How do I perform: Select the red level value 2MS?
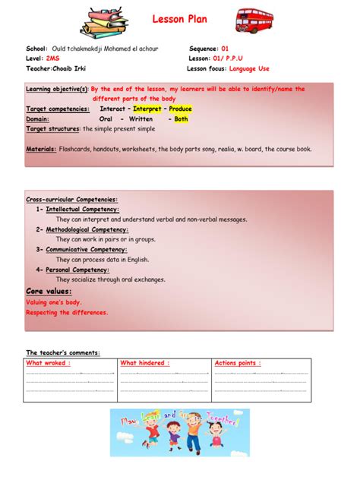pyautogui.click(x=53, y=58)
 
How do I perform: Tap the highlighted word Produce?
pyautogui.click(x=181, y=109)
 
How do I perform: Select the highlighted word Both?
pyautogui.click(x=181, y=118)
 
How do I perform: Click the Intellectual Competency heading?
pyautogui.click(x=82, y=209)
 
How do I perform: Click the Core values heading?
pyautogui.click(x=49, y=291)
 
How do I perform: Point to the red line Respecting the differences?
pyautogui.click(x=67, y=311)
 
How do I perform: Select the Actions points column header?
pyautogui.click(x=238, y=363)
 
